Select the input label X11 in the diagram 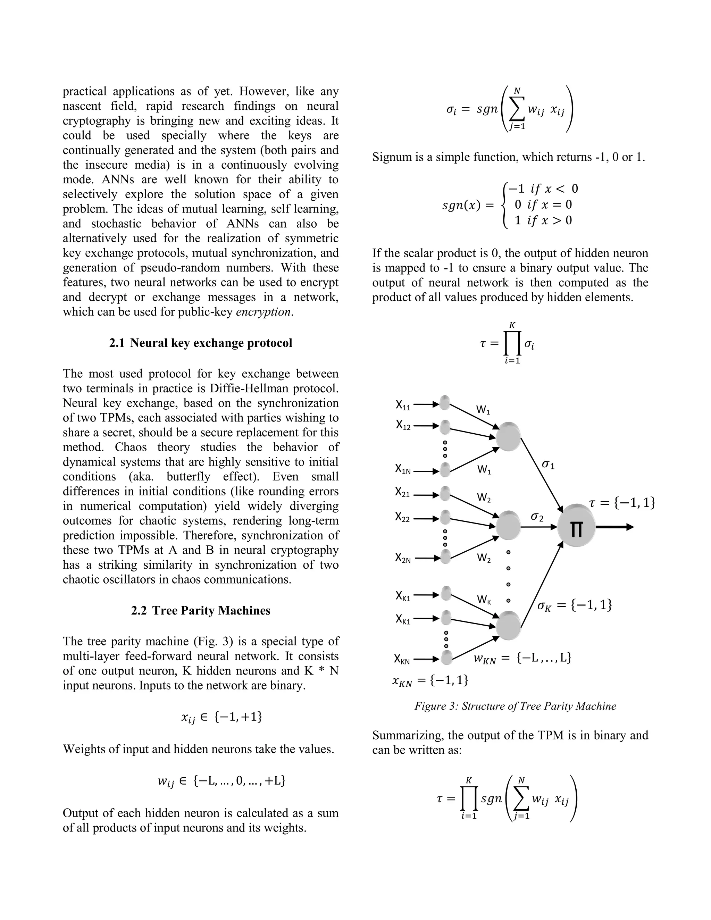[403, 405]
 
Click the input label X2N [403, 558]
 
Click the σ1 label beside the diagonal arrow [548, 465]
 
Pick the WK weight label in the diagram [484, 600]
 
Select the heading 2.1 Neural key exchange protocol [201, 343]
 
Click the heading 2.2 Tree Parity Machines [201, 610]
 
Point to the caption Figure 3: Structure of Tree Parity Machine [515, 706]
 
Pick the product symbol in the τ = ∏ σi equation [512, 344]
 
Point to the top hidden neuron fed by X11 [508, 436]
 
